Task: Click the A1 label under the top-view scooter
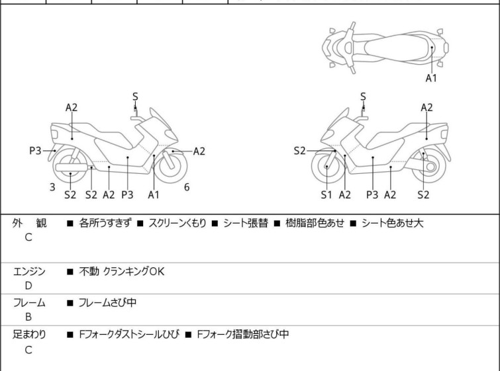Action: (431, 78)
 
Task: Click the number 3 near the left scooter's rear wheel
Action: (52, 187)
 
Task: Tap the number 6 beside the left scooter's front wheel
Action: (187, 187)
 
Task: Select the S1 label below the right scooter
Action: (326, 194)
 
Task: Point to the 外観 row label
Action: (30, 223)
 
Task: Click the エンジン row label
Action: (30, 271)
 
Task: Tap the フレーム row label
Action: (30, 303)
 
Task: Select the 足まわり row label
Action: (30, 335)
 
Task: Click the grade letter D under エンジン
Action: (28, 286)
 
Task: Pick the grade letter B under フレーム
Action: (28, 317)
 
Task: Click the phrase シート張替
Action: (245, 223)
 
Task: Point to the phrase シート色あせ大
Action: (392, 223)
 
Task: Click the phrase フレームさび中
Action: (107, 303)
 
